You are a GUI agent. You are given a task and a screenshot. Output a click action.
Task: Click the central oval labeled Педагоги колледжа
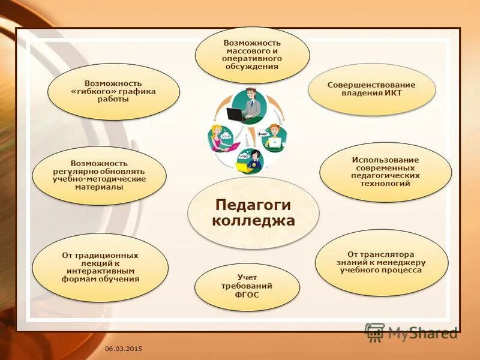pos(253,213)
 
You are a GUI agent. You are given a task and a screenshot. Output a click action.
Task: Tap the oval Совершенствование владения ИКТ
pos(371,89)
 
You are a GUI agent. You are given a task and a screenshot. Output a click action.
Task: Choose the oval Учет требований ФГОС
pos(247,286)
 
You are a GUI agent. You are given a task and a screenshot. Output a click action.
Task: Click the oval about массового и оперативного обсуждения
pos(252,55)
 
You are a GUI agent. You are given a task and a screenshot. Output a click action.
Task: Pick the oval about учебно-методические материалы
pos(98,175)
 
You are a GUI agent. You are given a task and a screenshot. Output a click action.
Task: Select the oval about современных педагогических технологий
pos(385,172)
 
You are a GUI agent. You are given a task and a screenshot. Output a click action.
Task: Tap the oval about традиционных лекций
pos(100,268)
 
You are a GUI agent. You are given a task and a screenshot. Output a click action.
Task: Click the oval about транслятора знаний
pos(382,262)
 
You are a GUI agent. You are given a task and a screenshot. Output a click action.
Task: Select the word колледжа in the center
pos(253,221)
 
